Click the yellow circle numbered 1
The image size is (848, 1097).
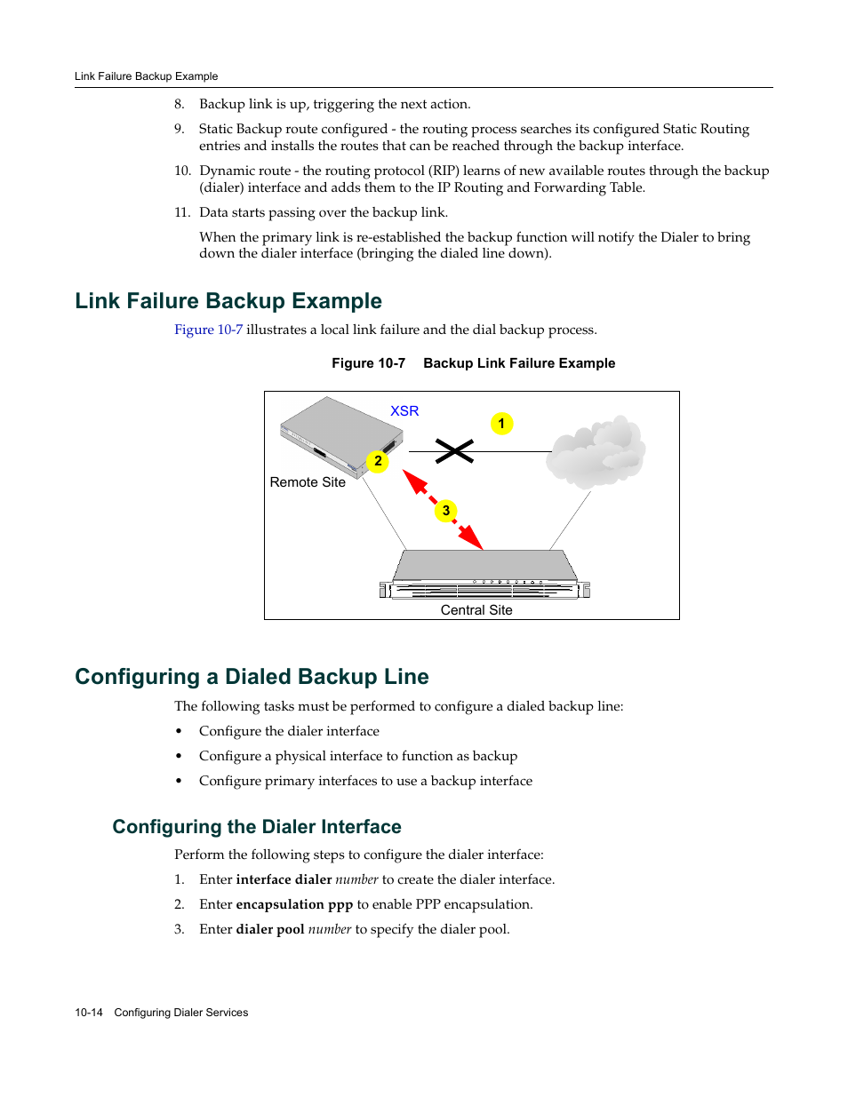tap(501, 424)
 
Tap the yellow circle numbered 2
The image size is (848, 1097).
tap(378, 461)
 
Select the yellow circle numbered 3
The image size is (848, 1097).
tap(446, 511)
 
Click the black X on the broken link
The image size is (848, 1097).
tap(454, 451)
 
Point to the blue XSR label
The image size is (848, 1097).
tap(404, 411)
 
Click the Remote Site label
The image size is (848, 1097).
tap(308, 482)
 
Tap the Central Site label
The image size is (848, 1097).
tap(476, 610)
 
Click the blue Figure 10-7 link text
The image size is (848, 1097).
tap(208, 330)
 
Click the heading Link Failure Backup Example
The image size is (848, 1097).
tap(228, 301)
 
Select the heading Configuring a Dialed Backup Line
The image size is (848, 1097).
tap(252, 677)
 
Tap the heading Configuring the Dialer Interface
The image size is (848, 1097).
tap(257, 827)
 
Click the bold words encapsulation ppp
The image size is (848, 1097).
tap(294, 904)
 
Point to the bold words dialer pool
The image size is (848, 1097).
tap(270, 929)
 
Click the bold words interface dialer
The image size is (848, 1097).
tap(284, 879)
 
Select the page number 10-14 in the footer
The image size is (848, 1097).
tap(89, 1013)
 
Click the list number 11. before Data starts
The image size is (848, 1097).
tap(182, 212)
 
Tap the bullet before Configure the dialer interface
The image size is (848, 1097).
tap(179, 732)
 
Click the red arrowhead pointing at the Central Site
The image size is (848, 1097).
tap(473, 539)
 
